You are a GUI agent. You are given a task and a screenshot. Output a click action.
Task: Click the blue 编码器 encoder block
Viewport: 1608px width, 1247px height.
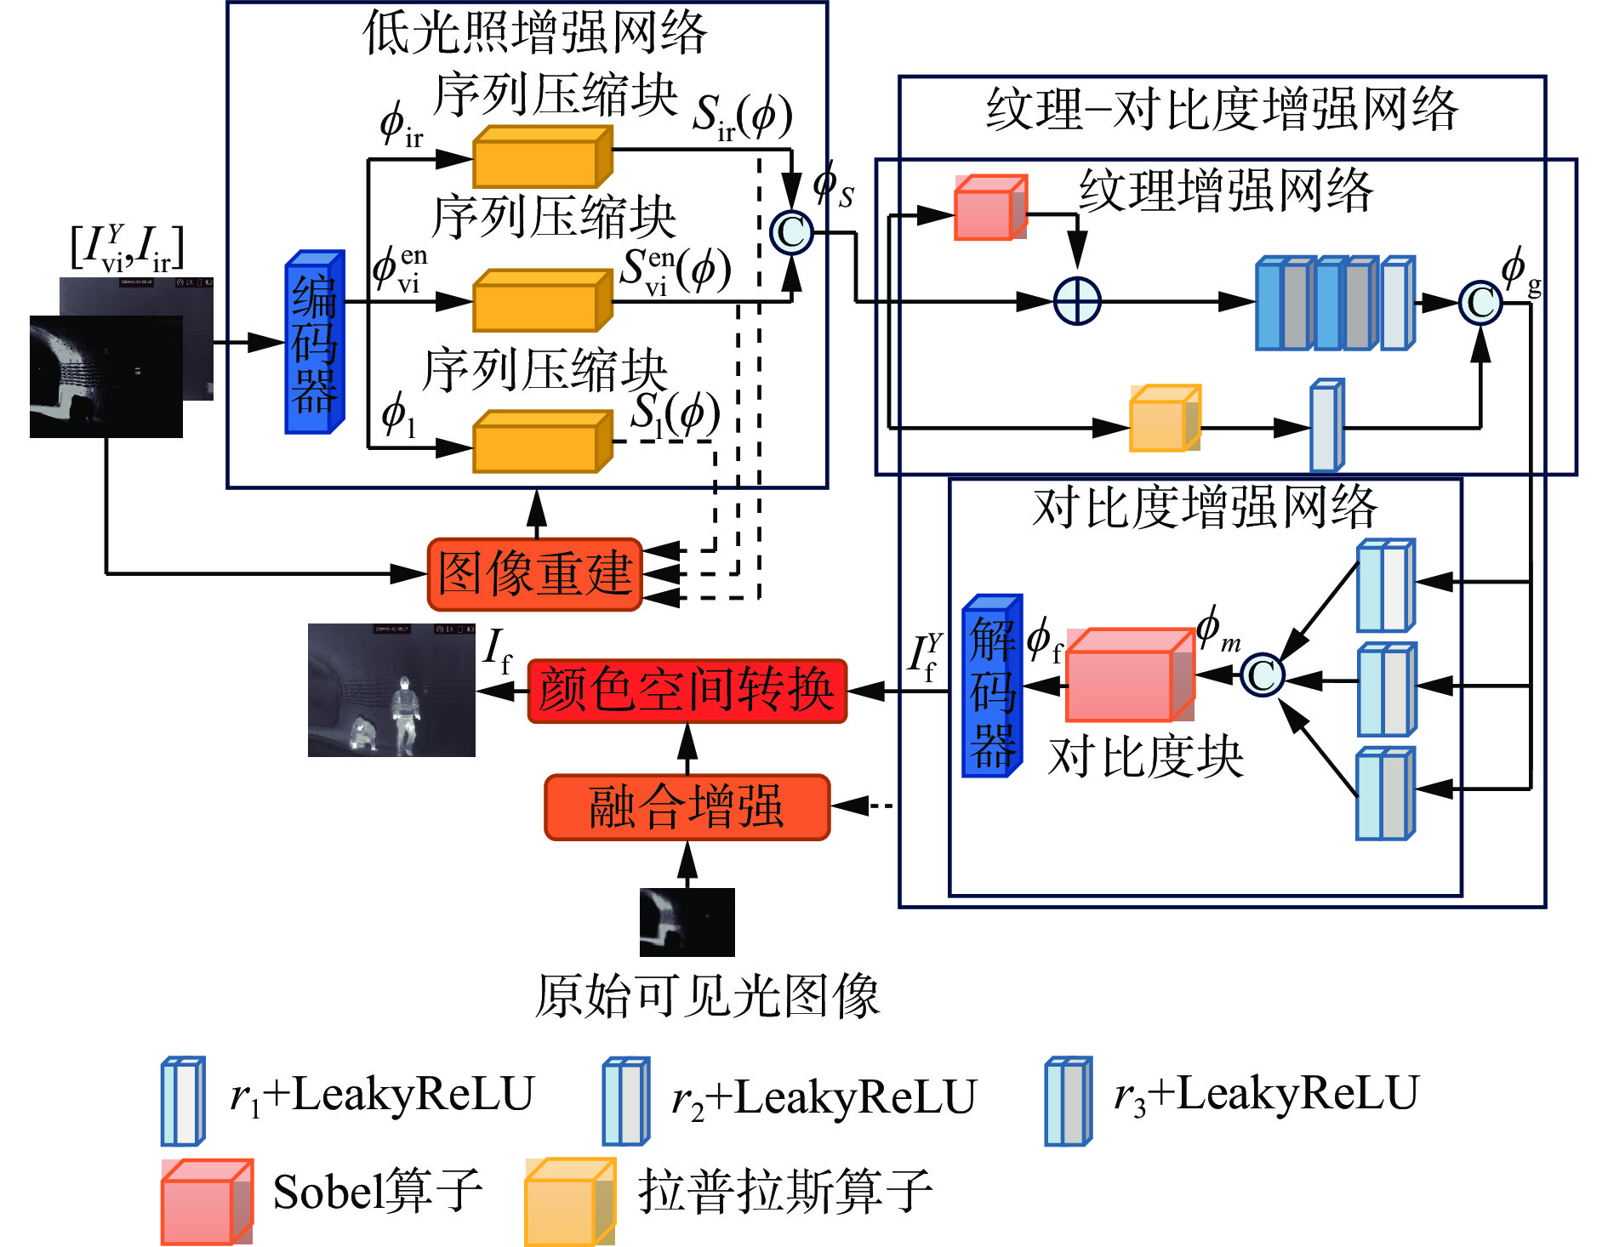pyautogui.click(x=314, y=343)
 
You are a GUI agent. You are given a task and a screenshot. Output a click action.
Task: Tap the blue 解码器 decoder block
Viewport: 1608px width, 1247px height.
pyautogui.click(x=991, y=686)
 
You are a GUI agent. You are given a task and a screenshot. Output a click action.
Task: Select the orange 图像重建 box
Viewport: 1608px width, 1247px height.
pyautogui.click(x=534, y=574)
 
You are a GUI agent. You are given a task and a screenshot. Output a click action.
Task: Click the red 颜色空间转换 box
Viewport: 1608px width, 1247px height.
pyautogui.click(x=687, y=691)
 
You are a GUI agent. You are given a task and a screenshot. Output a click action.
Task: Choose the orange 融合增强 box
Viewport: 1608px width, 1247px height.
pyautogui.click(x=687, y=807)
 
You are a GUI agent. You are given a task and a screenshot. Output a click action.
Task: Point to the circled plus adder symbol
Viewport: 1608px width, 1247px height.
pyautogui.click(x=1077, y=301)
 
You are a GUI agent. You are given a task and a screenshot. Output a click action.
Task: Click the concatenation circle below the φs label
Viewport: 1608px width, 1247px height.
pyautogui.click(x=791, y=232)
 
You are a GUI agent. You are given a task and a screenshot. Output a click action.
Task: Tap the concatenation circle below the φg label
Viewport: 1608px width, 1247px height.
pyautogui.click(x=1480, y=303)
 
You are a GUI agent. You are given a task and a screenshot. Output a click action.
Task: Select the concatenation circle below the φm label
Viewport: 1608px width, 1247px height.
pyautogui.click(x=1263, y=676)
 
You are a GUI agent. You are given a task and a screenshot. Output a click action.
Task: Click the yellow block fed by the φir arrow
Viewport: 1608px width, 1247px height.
pyautogui.click(x=542, y=158)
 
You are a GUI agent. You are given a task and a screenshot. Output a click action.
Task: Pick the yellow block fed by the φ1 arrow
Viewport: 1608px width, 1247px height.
pyautogui.click(x=542, y=442)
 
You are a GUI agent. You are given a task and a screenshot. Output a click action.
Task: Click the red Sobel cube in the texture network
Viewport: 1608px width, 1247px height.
pyautogui.click(x=989, y=209)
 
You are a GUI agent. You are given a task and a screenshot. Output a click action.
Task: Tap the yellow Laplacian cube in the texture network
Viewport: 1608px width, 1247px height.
pyautogui.click(x=1164, y=419)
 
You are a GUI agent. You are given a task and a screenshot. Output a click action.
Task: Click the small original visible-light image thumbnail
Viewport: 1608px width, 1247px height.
pyautogui.click(x=687, y=922)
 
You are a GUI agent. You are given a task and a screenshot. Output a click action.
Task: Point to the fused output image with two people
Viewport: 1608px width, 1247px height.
pyautogui.click(x=391, y=690)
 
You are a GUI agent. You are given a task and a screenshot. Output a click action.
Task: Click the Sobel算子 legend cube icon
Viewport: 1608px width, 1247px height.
pyautogui.click(x=206, y=1201)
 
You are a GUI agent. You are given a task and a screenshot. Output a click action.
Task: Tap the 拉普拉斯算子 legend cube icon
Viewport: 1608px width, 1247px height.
pyautogui.click(x=568, y=1201)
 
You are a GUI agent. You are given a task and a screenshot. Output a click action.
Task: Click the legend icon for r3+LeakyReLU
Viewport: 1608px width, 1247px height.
pyautogui.click(x=1068, y=1102)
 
